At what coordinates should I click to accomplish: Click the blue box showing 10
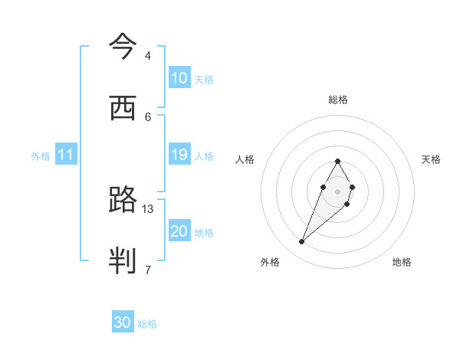click(179, 78)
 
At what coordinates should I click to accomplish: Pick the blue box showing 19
click(179, 155)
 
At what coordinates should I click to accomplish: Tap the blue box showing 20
click(179, 231)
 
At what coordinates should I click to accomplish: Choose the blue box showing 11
click(66, 155)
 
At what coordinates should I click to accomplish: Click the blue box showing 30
click(123, 322)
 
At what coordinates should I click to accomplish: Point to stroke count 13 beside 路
click(148, 208)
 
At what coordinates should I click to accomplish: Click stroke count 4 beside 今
click(148, 56)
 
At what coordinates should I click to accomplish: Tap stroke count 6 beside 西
click(148, 116)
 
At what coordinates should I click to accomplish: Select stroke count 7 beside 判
click(148, 270)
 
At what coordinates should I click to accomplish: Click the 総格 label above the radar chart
click(338, 100)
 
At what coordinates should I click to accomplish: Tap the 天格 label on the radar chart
click(431, 159)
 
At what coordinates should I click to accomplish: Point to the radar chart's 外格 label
click(270, 262)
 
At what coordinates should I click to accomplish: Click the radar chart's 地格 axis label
click(402, 262)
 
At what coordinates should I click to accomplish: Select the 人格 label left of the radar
click(245, 159)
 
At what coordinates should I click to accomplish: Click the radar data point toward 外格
click(302, 242)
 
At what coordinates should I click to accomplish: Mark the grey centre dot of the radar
click(337, 190)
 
